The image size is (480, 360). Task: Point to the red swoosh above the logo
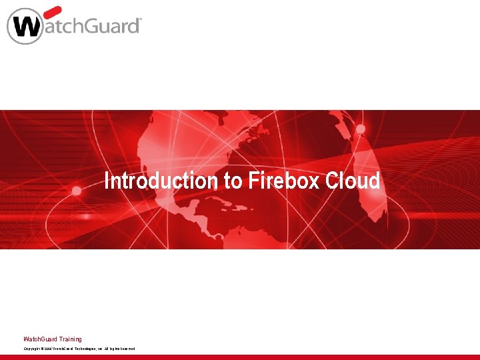coord(52,11)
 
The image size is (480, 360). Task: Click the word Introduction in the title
coord(157,181)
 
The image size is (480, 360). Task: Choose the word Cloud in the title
coord(353,181)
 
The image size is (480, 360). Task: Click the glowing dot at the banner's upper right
coord(361,128)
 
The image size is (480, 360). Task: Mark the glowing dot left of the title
coord(77,190)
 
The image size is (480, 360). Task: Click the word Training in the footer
coord(70,339)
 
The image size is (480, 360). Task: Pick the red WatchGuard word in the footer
coord(40,339)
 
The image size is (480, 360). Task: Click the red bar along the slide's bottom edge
coord(240,357)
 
